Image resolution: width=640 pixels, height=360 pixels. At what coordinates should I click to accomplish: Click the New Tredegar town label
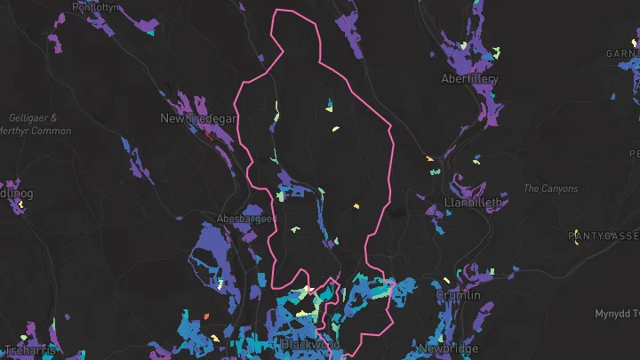196,118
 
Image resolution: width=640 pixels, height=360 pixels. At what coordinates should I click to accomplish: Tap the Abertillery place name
469,79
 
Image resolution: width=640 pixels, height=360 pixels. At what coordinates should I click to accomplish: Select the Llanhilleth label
473,203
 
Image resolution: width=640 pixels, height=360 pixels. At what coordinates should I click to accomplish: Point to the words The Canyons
550,188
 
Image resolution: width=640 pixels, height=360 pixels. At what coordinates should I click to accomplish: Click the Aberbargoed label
248,219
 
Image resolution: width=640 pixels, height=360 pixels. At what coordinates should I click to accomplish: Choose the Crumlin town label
459,295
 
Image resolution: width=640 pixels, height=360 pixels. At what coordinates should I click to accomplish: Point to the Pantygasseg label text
604,236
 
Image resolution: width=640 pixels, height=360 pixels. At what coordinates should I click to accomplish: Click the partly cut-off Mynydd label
617,314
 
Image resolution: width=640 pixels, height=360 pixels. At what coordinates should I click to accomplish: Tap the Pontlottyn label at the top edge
95,6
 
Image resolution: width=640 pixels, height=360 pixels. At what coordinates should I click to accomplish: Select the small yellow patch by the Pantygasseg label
577,245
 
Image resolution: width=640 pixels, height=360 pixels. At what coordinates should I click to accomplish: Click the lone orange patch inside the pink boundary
356,206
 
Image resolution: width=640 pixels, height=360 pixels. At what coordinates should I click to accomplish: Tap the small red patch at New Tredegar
207,135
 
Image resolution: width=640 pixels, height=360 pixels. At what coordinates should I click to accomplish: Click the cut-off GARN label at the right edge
622,53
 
